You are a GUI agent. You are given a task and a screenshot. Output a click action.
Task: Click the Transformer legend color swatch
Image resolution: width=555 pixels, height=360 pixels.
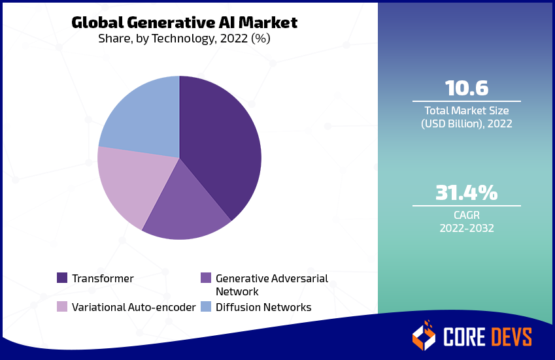click(x=62, y=278)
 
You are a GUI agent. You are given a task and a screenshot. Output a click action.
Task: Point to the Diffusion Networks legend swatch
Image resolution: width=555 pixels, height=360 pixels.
click(x=206, y=306)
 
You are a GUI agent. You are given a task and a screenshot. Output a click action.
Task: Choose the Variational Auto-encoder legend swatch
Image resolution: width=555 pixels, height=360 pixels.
click(x=62, y=306)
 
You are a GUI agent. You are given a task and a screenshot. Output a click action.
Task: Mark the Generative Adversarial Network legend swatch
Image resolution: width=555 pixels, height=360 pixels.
click(x=206, y=278)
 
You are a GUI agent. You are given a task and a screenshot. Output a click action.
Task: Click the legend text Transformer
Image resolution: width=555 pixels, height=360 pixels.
click(x=103, y=278)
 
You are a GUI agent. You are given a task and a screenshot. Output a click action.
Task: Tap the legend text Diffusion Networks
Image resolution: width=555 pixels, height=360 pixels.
click(x=263, y=306)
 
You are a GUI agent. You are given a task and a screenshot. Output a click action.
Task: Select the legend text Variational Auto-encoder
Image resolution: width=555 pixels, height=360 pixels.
click(x=133, y=306)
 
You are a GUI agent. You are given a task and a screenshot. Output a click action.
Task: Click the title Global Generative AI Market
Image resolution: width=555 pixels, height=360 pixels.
click(x=184, y=23)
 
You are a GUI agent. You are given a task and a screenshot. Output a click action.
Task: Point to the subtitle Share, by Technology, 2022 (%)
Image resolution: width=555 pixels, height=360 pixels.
click(x=184, y=39)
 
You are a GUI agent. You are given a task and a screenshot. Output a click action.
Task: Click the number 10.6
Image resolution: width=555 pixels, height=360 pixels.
click(x=466, y=88)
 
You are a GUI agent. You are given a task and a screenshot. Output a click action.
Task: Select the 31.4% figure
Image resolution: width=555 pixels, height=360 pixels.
click(x=466, y=193)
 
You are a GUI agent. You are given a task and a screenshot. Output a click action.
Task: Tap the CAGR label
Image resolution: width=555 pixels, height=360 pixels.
click(x=466, y=214)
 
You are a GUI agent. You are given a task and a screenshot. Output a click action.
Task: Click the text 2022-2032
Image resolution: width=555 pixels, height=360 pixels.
click(x=466, y=228)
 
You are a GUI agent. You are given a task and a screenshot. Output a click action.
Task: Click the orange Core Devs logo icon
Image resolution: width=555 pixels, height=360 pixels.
click(x=424, y=335)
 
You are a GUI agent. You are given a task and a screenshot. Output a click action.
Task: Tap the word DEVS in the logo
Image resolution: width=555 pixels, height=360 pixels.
click(x=509, y=336)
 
